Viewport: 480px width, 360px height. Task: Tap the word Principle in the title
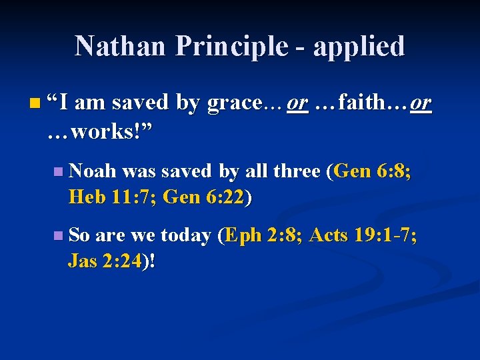[229, 46]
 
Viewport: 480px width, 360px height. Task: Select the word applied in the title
[359, 46]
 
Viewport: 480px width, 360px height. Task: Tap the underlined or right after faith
[421, 103]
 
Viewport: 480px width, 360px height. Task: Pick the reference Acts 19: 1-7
[364, 235]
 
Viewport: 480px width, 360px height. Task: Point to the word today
[185, 235]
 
